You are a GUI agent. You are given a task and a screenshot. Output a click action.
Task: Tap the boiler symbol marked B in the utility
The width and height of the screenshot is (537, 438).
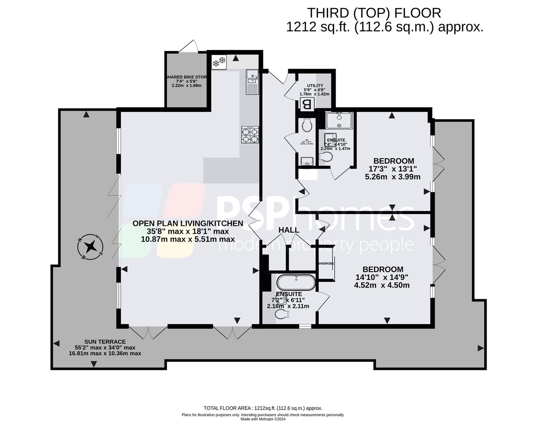click(x=307, y=104)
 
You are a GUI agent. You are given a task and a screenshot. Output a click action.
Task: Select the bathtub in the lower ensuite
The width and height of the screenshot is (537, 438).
click(x=295, y=283)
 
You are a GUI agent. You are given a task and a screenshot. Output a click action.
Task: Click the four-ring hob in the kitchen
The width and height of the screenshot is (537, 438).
click(x=250, y=135)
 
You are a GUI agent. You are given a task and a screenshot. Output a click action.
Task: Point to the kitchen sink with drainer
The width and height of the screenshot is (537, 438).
click(x=252, y=82)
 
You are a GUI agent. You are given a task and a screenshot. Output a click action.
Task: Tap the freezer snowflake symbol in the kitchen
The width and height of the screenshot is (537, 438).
click(x=219, y=62)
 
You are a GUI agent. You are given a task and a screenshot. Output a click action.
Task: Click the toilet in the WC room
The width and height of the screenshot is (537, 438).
click(x=307, y=125)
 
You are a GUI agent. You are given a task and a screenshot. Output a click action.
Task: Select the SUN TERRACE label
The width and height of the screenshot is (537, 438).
click(x=105, y=342)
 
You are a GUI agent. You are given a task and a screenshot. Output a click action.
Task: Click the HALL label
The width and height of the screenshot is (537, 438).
click(x=289, y=230)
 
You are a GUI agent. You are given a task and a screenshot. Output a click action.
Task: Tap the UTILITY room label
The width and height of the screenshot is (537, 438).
click(x=315, y=86)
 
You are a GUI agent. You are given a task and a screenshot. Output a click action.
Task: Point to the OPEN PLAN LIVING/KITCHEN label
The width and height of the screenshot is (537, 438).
click(x=188, y=223)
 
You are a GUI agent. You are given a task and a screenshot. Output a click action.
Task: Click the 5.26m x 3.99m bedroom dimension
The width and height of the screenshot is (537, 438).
click(x=393, y=177)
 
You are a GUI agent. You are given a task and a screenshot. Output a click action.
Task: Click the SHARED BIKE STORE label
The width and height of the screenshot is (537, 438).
click(x=186, y=77)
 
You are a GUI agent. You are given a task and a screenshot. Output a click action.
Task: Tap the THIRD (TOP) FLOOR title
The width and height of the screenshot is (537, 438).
click(x=373, y=13)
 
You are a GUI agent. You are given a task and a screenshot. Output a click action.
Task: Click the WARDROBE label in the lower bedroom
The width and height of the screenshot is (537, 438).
click(x=326, y=264)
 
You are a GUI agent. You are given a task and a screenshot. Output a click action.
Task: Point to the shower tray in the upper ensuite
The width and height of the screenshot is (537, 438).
click(x=339, y=120)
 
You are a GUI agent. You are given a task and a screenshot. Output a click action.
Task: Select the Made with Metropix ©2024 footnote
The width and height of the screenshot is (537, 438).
click(x=263, y=419)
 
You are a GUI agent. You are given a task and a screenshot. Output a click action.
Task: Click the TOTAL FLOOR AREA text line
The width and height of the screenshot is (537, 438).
click(x=263, y=408)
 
